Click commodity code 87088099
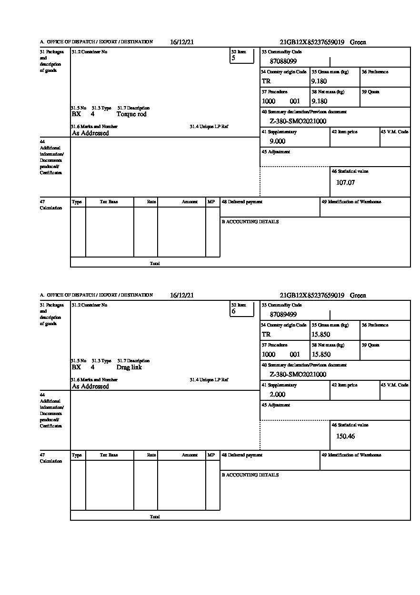(x=283, y=61)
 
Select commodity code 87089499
(x=283, y=315)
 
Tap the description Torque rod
(x=131, y=114)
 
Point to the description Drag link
(x=129, y=367)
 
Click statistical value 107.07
(x=346, y=182)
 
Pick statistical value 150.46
(x=346, y=436)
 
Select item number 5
(x=233, y=59)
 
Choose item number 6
(x=233, y=312)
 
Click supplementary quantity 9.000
(x=278, y=141)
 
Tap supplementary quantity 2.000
(x=278, y=395)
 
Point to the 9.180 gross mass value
(x=319, y=81)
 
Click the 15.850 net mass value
(x=321, y=355)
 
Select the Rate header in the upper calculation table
(x=151, y=202)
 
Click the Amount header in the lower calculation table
(x=190, y=455)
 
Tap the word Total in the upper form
(x=155, y=263)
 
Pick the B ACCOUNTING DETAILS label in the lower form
(x=250, y=475)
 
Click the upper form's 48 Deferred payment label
(x=242, y=202)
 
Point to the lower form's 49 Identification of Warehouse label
(x=351, y=455)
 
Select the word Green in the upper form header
(x=358, y=42)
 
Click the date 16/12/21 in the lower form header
(x=182, y=296)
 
